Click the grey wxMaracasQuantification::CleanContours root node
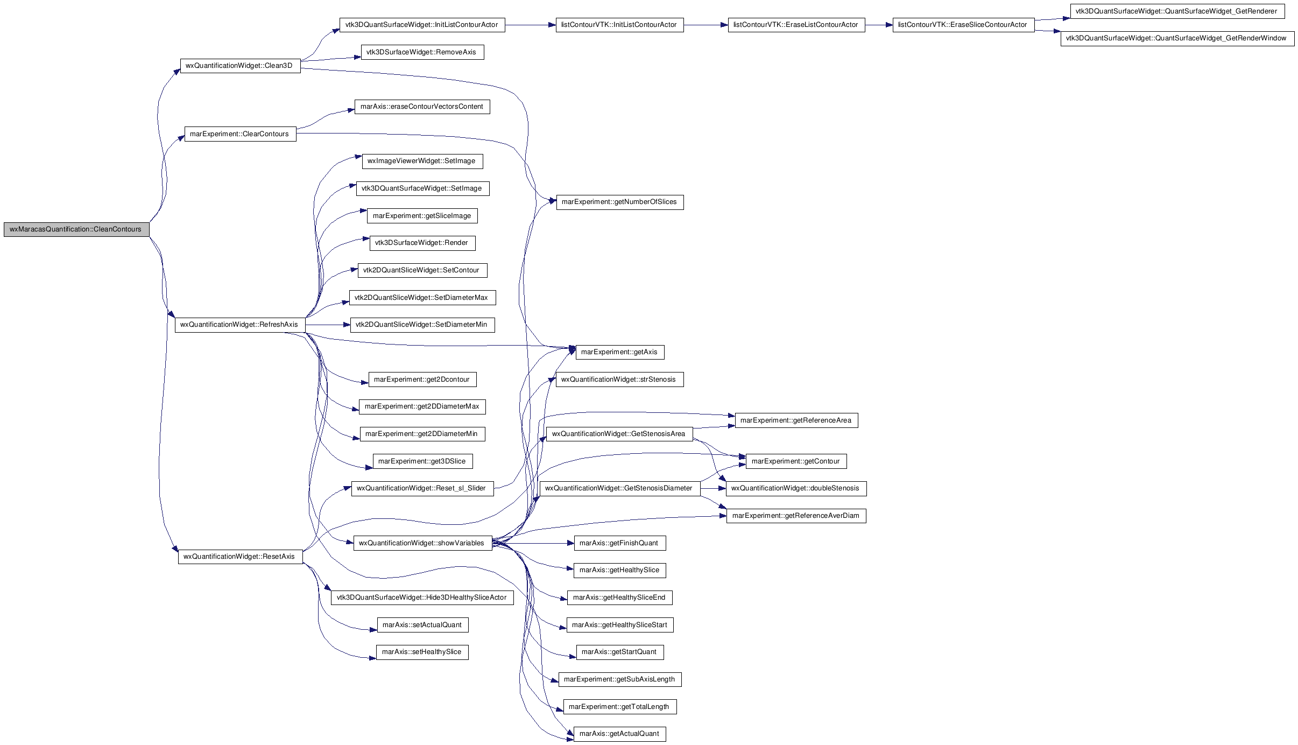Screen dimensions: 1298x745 coord(76,229)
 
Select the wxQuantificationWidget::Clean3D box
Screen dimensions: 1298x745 coord(240,66)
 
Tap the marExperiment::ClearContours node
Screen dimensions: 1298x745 coord(240,134)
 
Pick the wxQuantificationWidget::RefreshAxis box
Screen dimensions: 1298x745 coord(240,325)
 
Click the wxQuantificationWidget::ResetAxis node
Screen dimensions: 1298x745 coord(240,557)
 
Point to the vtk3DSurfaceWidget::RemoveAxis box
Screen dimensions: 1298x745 coord(422,52)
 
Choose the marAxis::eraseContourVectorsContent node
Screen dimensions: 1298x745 coord(422,107)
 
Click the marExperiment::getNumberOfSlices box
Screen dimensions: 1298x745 coord(620,202)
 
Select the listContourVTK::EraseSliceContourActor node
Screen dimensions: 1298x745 coord(963,25)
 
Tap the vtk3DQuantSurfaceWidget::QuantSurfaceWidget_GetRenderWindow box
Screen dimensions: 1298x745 coord(1177,38)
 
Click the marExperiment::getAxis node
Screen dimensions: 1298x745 coord(620,352)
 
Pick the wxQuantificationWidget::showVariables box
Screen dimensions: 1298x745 coord(422,543)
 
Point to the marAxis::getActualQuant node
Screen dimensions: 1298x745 coord(620,734)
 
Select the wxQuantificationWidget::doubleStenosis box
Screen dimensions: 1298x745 coord(796,488)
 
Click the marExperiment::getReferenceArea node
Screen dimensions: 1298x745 coord(796,420)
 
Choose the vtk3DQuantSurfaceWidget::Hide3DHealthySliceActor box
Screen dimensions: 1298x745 coord(422,598)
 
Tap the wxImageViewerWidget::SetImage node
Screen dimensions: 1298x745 coord(422,161)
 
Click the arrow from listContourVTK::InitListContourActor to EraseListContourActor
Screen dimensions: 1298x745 coord(706,25)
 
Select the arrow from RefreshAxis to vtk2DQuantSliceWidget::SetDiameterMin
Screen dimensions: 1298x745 coord(328,325)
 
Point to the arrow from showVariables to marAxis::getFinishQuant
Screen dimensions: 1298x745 coord(533,543)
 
